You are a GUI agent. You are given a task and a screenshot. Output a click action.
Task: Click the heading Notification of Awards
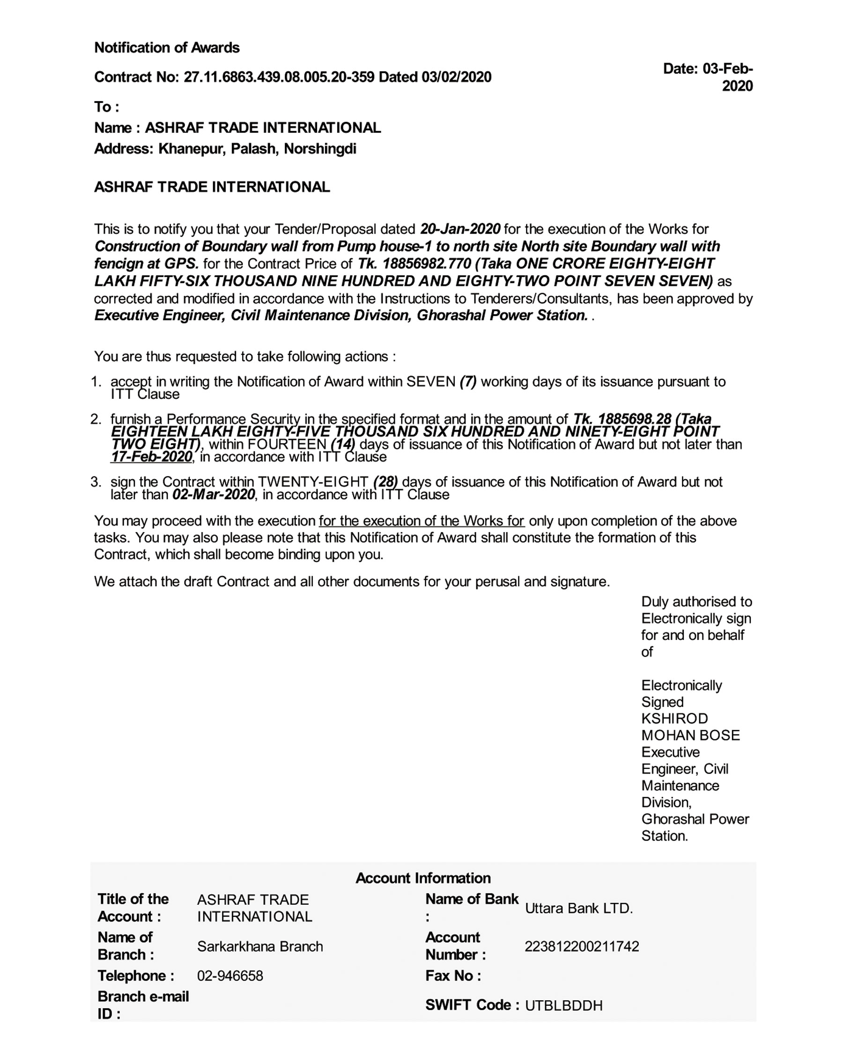click(167, 48)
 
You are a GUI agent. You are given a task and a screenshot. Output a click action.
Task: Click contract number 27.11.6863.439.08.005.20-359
click(279, 77)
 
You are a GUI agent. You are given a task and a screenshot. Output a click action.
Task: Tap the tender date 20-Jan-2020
click(460, 229)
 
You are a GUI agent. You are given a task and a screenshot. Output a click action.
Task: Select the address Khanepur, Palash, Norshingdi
click(257, 148)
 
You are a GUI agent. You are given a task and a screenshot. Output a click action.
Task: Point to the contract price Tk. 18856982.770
click(414, 264)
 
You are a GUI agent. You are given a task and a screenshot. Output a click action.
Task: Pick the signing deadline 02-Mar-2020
click(213, 495)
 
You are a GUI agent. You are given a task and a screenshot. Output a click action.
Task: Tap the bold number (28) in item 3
click(385, 482)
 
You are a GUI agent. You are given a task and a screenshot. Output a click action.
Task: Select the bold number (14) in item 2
click(343, 444)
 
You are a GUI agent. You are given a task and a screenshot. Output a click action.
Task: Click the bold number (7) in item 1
click(468, 381)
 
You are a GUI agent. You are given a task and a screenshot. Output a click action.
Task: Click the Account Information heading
click(423, 878)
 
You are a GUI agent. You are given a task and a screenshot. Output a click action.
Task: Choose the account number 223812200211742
click(582, 946)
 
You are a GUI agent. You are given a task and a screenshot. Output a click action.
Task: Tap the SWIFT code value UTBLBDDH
click(563, 1005)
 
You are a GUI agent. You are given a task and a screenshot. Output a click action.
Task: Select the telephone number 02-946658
click(229, 976)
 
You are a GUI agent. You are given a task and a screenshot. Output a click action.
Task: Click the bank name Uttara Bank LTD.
click(579, 908)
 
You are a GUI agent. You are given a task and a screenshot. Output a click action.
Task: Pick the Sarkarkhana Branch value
click(260, 946)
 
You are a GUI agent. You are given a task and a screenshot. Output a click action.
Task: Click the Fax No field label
click(453, 976)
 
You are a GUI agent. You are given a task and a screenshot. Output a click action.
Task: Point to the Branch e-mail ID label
click(143, 1005)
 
